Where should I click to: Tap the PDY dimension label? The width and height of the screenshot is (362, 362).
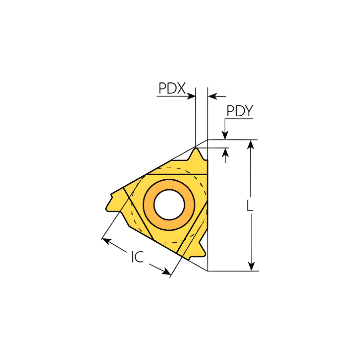tap(240, 111)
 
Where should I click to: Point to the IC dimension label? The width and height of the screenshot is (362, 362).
tap(138, 256)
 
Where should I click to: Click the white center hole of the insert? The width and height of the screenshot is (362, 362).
tap(169, 204)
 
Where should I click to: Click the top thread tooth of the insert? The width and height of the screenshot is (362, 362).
tap(197, 154)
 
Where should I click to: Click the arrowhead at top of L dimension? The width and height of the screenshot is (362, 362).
tap(251, 144)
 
